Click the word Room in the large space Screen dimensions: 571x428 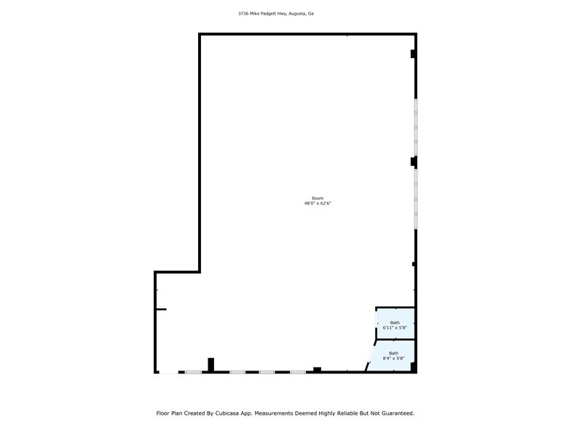pyautogui.click(x=318, y=198)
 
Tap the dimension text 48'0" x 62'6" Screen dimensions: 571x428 pyautogui.click(x=318, y=204)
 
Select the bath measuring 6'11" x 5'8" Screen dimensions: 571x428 pyautogui.click(x=395, y=323)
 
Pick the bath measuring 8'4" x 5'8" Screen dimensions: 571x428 pyautogui.click(x=393, y=356)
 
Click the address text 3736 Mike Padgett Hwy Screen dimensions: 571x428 pyautogui.click(x=262, y=13)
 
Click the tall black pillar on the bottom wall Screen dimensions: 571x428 pyautogui.click(x=211, y=365)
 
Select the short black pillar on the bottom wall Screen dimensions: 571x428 pyautogui.click(x=318, y=370)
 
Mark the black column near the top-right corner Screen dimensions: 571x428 pyautogui.click(x=414, y=54)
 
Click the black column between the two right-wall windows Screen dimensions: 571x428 pyautogui.click(x=414, y=162)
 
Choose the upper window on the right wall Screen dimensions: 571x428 pyautogui.click(x=415, y=127)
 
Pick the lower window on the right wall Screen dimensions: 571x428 pyautogui.click(x=415, y=199)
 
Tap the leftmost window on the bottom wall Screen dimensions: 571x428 pyautogui.click(x=193, y=373)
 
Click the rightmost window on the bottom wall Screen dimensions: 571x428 pyautogui.click(x=298, y=373)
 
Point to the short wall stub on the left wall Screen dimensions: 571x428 pyautogui.click(x=162, y=309)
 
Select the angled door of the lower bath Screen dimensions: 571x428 pyautogui.click(x=370, y=356)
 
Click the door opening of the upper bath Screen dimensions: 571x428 pyautogui.click(x=376, y=323)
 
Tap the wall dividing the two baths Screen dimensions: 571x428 pyautogui.click(x=395, y=340)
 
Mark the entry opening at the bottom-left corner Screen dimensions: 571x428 pyautogui.click(x=169, y=373)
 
